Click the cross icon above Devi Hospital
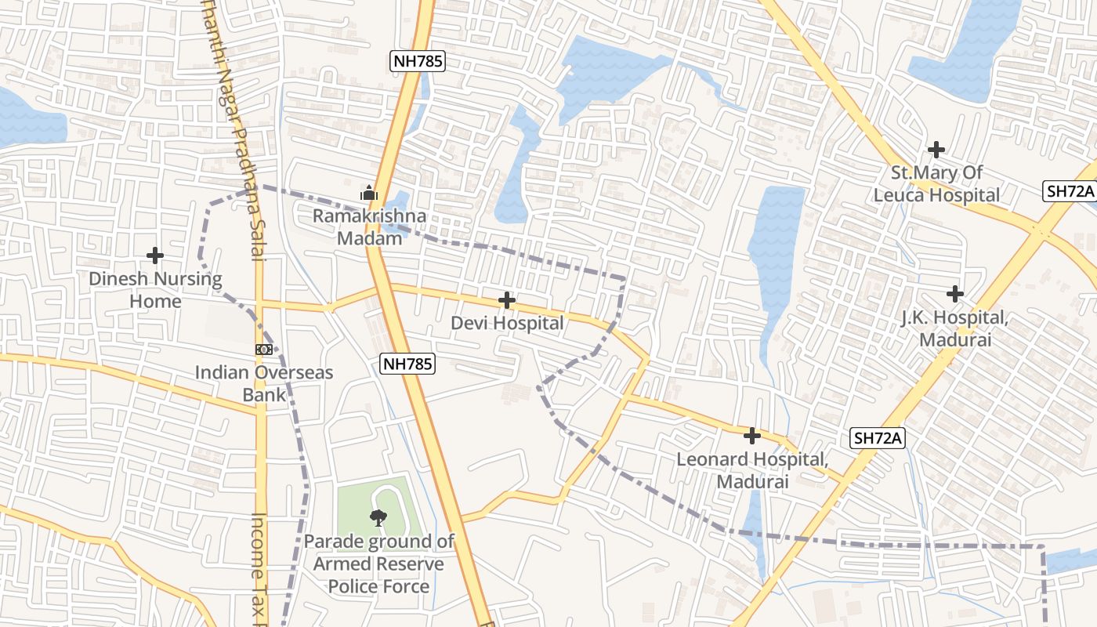pos(507,300)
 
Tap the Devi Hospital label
pos(507,323)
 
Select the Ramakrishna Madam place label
pos(370,227)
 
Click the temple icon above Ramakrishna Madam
pos(369,192)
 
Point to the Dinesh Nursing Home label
pos(155,289)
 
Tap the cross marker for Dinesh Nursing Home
pos(155,255)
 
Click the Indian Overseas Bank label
pos(264,383)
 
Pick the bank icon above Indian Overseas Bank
pos(264,350)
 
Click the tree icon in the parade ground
pos(378,516)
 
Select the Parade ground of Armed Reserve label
pos(379,564)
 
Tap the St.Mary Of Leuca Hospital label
pos(936,183)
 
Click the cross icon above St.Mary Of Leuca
pos(936,149)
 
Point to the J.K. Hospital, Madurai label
pos(955,328)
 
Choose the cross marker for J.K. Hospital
pos(954,294)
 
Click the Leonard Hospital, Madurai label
pos(752,470)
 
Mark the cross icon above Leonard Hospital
pos(752,435)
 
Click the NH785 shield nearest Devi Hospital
pos(407,363)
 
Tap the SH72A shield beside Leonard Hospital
pos(877,438)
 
